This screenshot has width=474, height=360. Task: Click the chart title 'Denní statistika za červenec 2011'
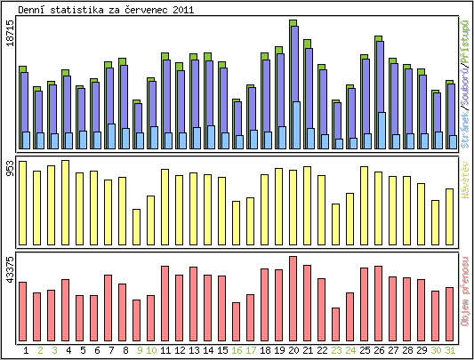106,9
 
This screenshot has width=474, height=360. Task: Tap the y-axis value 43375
10,268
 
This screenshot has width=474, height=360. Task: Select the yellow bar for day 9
136,228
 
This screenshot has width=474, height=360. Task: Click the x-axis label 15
222,350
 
